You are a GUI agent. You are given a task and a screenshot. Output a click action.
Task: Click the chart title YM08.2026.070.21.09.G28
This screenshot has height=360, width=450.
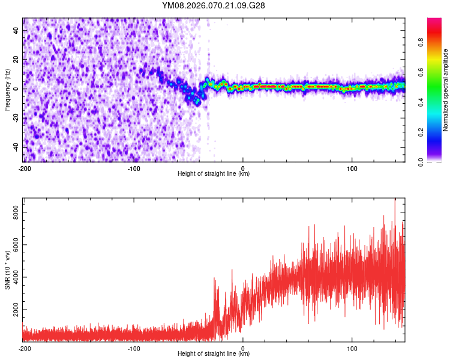click(x=214, y=5)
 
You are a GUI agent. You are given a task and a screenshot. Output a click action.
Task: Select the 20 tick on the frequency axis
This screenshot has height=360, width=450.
click(x=16, y=59)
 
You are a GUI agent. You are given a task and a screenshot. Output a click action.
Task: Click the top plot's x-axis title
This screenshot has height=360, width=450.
click(x=214, y=174)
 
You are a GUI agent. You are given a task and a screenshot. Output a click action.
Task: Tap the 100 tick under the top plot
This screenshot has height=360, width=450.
click(x=352, y=168)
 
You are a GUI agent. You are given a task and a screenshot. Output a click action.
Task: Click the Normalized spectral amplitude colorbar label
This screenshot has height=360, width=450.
click(x=446, y=90)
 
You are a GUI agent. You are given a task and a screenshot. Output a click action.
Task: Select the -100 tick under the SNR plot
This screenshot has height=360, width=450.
click(x=134, y=348)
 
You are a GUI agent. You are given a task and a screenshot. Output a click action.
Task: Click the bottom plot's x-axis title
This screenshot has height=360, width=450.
click(x=214, y=354)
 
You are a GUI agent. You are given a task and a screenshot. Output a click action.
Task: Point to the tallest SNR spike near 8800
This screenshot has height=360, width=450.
click(x=395, y=200)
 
